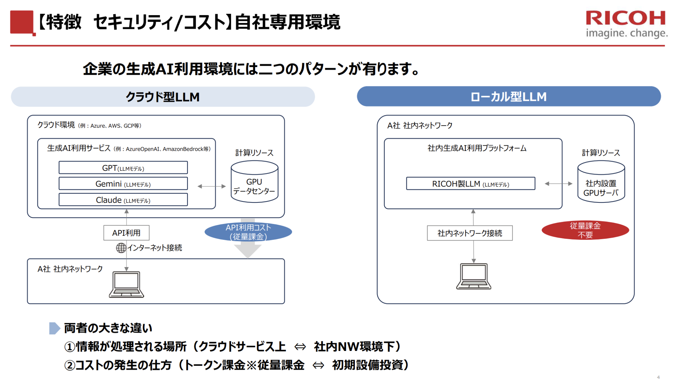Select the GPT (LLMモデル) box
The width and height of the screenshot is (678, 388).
pyautogui.click(x=123, y=168)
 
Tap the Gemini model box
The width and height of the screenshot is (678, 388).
pyautogui.click(x=123, y=184)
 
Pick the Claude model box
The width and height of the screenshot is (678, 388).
pyautogui.click(x=123, y=200)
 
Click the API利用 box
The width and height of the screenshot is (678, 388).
pyautogui.click(x=126, y=233)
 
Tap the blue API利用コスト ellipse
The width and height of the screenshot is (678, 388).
pyautogui.click(x=248, y=232)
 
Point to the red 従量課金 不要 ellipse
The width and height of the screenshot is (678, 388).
pyautogui.click(x=585, y=230)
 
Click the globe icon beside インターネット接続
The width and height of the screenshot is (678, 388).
pyautogui.click(x=121, y=248)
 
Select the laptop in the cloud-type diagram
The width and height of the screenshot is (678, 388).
pyautogui.click(x=126, y=284)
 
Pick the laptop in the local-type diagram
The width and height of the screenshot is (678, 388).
pyautogui.click(x=474, y=276)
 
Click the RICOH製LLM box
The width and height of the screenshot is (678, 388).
pyautogui.click(x=470, y=184)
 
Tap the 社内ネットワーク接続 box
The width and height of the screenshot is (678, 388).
pyautogui.click(x=470, y=233)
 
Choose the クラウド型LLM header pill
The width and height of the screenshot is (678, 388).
pyautogui.click(x=163, y=97)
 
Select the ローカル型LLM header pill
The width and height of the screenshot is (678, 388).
pyautogui.click(x=509, y=96)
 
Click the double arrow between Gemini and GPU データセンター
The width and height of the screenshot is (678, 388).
pyautogui.click(x=212, y=186)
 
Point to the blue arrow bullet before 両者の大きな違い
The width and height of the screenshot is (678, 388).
pyautogui.click(x=54, y=328)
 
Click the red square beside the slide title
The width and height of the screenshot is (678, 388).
pyautogui.click(x=22, y=23)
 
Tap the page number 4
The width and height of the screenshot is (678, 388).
pyautogui.click(x=658, y=377)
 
